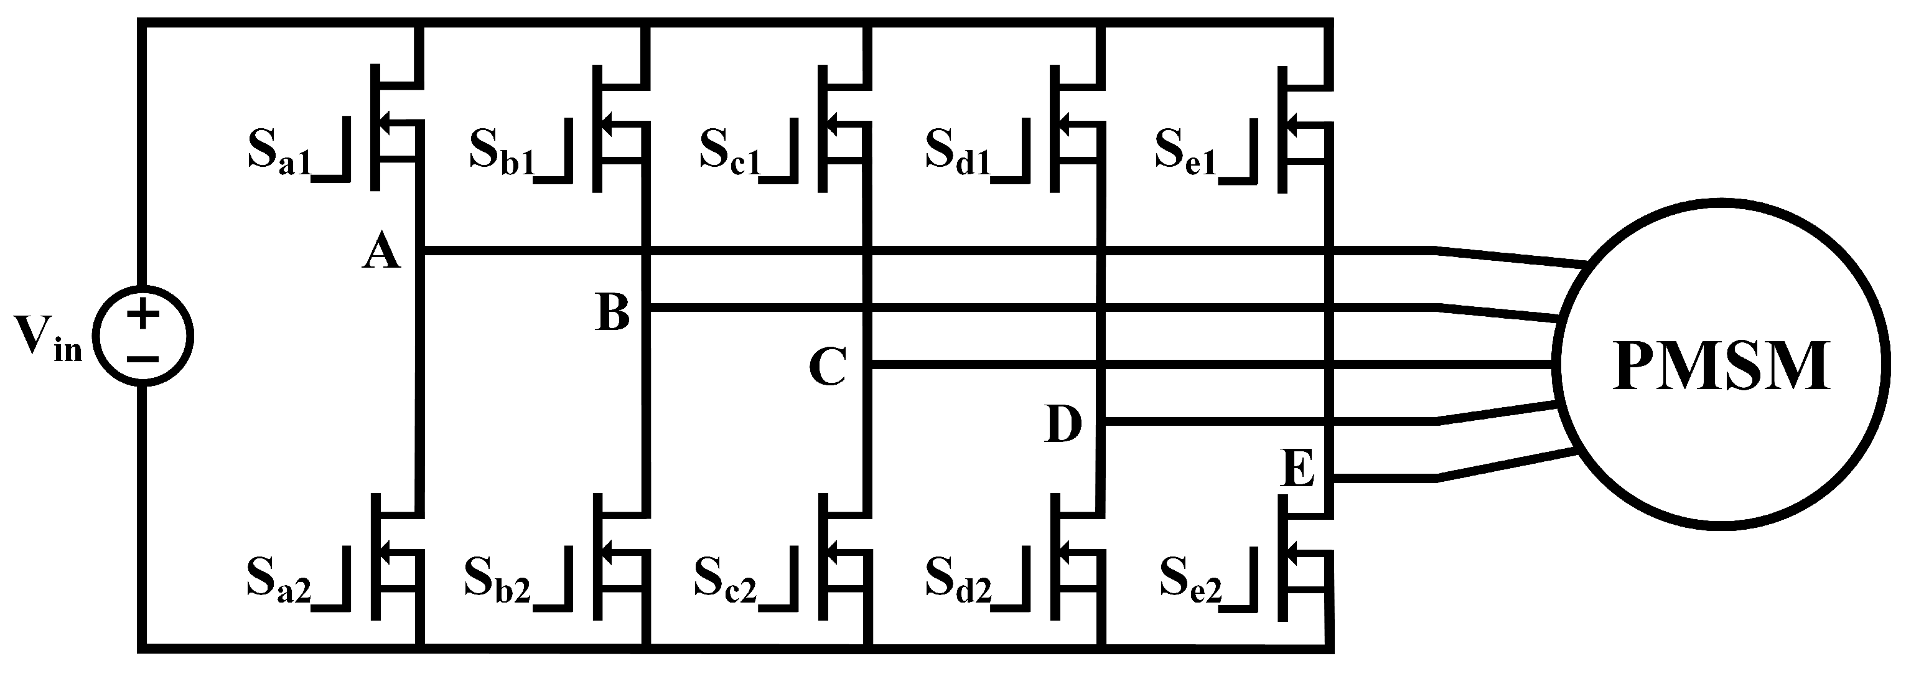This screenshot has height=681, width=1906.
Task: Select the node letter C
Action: (827, 367)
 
